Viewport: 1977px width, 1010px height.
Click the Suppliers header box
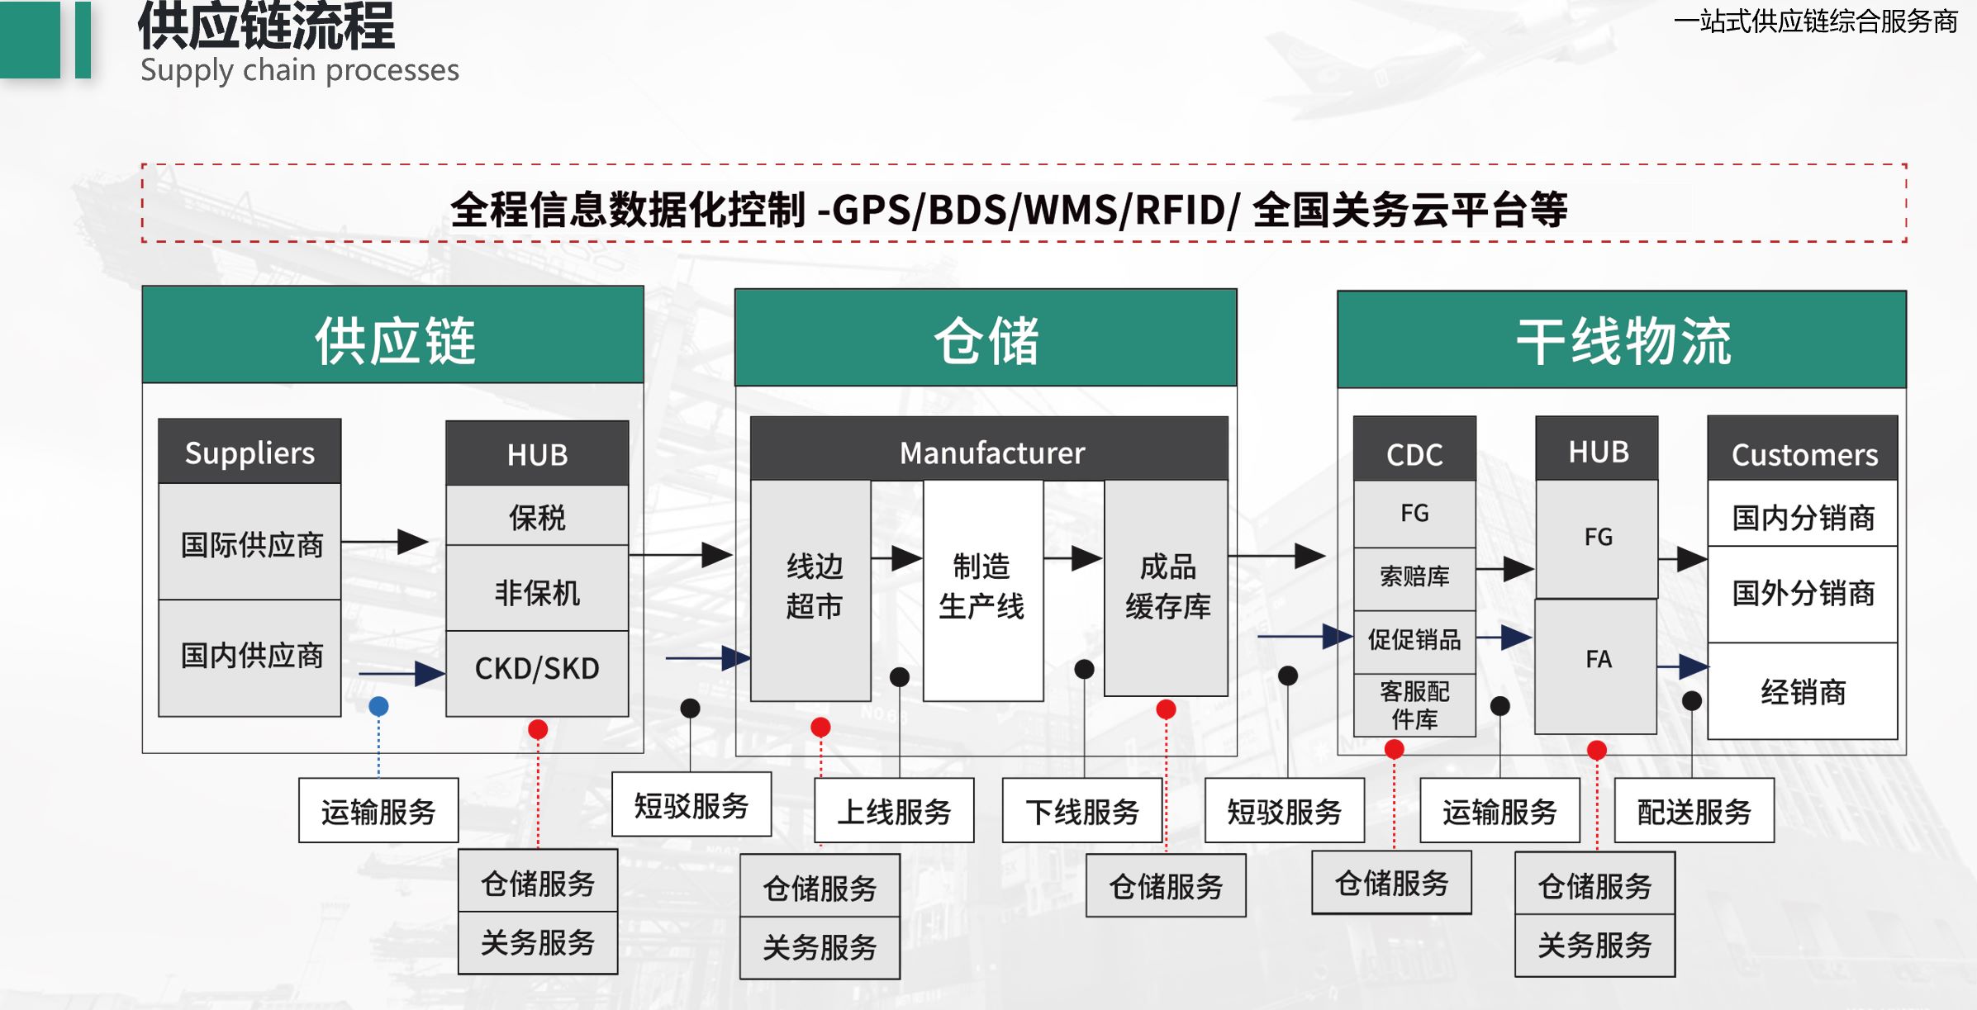pos(250,453)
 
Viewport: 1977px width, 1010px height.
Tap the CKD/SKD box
pos(537,669)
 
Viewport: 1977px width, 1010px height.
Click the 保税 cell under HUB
pos(537,517)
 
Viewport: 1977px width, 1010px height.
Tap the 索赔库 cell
pos(1414,576)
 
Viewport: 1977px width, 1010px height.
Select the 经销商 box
pos(1803,692)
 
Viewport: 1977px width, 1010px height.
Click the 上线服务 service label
pos(894,811)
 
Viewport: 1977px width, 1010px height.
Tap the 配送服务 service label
pos(1694,811)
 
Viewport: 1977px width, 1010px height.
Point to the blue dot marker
pos(378,706)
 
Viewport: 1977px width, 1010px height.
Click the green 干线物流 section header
pos(1622,340)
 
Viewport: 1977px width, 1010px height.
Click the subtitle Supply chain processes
pos(299,71)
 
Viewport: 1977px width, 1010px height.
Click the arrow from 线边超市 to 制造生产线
pos(897,558)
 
